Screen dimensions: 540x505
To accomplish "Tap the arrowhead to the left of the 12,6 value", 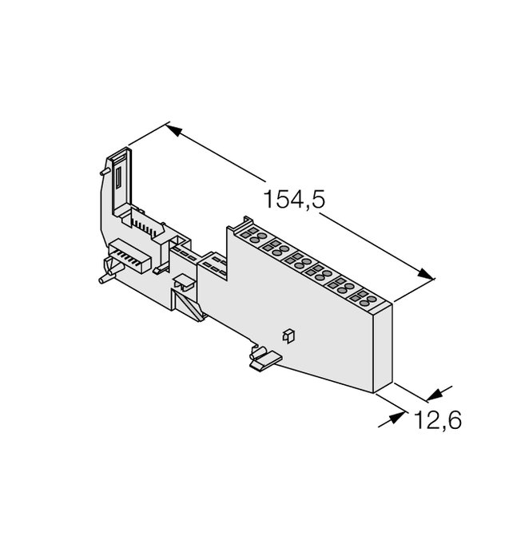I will coord(400,416).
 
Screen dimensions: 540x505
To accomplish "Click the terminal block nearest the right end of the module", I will coord(358,300).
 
